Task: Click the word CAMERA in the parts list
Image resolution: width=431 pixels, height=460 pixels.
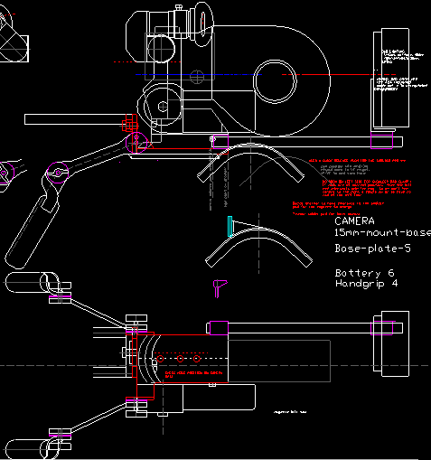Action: point(354,221)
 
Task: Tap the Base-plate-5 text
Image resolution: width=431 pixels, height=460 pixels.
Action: point(371,248)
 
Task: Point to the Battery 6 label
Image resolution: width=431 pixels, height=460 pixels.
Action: point(365,272)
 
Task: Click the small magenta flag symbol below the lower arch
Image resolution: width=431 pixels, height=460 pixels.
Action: point(217,286)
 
